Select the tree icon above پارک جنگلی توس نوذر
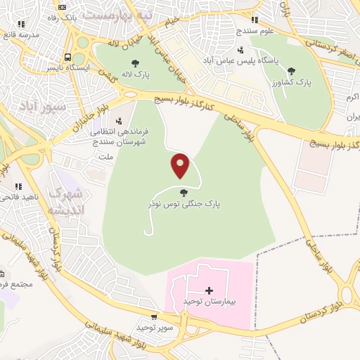(x=184, y=192)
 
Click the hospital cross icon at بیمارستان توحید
(x=209, y=290)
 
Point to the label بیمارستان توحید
(x=209, y=301)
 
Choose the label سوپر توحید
(x=150, y=328)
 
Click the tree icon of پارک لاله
(x=135, y=63)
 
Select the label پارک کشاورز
(x=298, y=82)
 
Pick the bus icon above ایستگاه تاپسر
(x=67, y=57)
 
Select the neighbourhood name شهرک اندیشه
(x=66, y=200)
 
